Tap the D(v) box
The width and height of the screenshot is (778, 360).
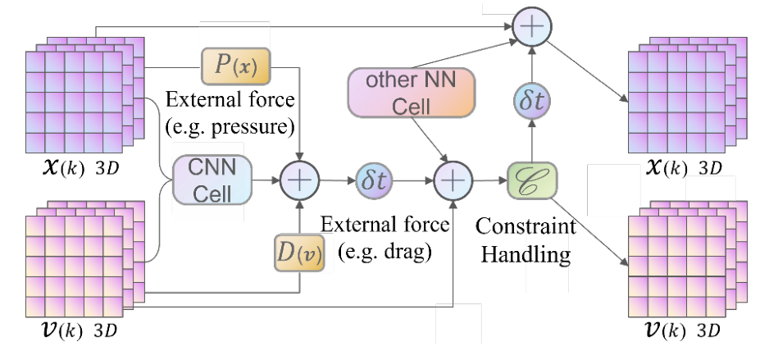pyautogui.click(x=298, y=254)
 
